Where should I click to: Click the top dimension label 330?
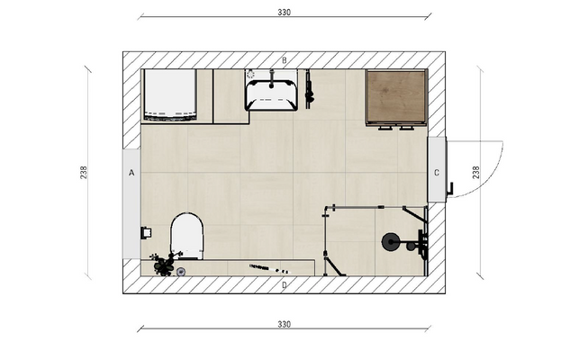click(x=285, y=13)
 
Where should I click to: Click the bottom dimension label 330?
click(x=285, y=323)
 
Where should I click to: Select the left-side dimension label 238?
click(x=84, y=170)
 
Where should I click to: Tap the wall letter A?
click(x=131, y=171)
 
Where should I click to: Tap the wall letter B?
click(x=285, y=60)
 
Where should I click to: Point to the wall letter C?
click(x=437, y=172)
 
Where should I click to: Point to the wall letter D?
click(x=285, y=285)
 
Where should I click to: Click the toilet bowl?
click(x=187, y=234)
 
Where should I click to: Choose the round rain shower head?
click(x=391, y=241)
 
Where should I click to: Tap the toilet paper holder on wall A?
click(x=144, y=232)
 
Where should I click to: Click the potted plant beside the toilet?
click(x=163, y=264)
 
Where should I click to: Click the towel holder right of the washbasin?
click(x=309, y=88)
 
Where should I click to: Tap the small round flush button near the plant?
click(x=180, y=271)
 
